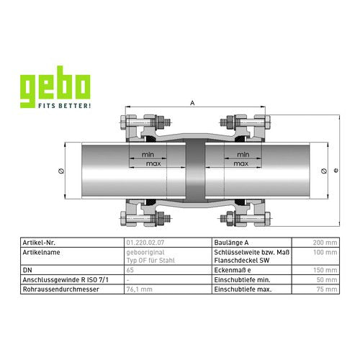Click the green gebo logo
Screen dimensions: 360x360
click(x=55, y=87)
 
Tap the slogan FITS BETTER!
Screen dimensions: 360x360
click(x=65, y=106)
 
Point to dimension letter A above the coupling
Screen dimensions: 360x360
click(x=192, y=103)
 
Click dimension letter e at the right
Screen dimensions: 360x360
click(x=336, y=171)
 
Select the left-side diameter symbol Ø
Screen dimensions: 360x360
click(x=61, y=171)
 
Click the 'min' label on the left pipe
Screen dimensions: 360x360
click(x=148, y=155)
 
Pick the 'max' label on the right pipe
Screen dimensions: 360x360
click(x=241, y=163)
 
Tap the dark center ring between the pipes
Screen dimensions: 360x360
click(x=195, y=171)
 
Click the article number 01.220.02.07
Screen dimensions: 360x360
click(x=145, y=243)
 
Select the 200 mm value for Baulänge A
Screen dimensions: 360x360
click(x=325, y=243)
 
